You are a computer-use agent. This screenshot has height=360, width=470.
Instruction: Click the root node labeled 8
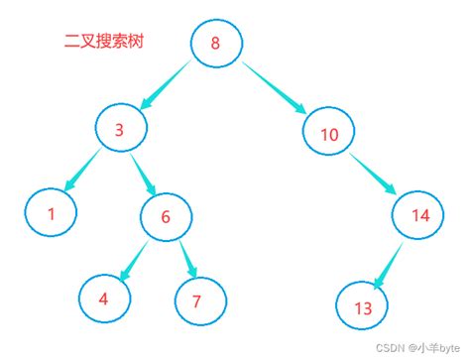[x=217, y=44]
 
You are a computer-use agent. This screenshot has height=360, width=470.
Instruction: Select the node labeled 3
[x=122, y=128]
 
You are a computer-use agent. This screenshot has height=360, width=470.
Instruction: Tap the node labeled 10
[x=329, y=133]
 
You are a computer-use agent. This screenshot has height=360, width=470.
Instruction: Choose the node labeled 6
[x=166, y=217]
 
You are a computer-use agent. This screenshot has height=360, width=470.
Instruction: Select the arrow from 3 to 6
[x=144, y=174]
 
